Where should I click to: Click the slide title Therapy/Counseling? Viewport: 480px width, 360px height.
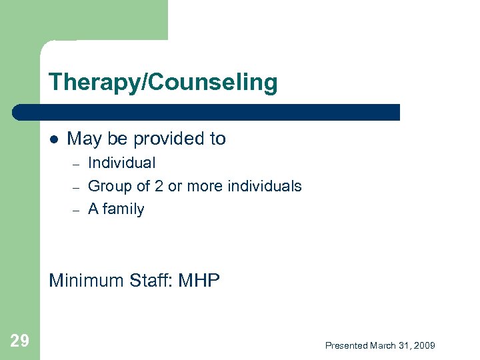point(163,83)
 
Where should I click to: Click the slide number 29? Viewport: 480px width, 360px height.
point(20,341)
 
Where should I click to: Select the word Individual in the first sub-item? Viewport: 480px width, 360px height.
point(121,163)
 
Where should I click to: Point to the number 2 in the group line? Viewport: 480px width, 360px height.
point(159,186)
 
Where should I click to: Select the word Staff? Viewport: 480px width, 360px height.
point(151,281)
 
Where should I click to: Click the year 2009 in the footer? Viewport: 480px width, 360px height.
point(424,345)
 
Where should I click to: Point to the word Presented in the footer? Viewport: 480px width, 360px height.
point(346,345)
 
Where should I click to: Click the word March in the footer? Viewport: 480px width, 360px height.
point(383,345)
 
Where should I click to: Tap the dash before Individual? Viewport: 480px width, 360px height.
point(76,164)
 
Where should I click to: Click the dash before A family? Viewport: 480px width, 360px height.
point(76,211)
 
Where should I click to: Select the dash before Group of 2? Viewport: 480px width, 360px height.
point(76,187)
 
